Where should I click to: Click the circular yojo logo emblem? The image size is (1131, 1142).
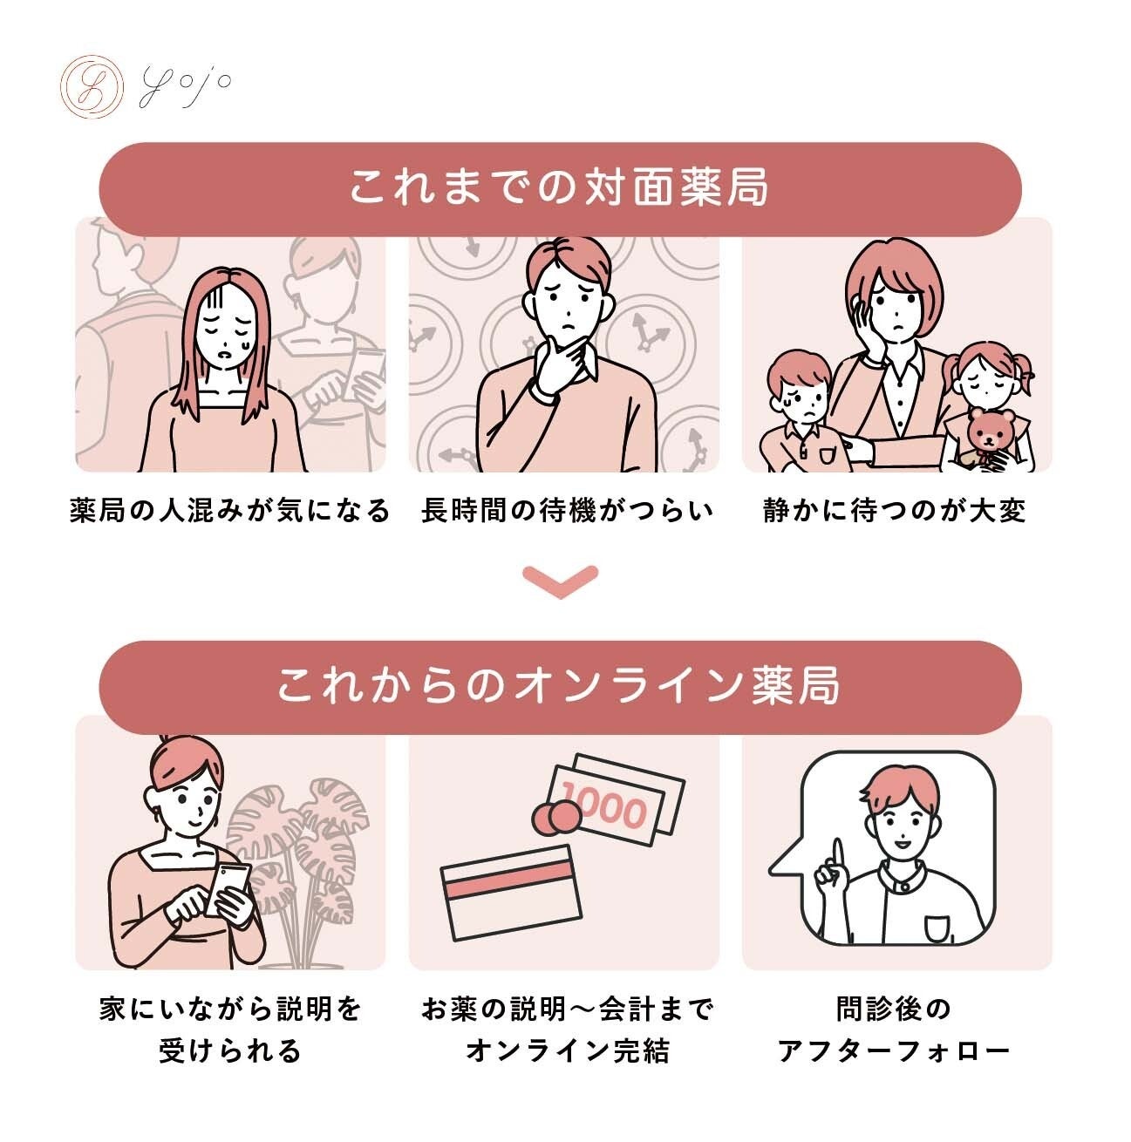click(x=92, y=86)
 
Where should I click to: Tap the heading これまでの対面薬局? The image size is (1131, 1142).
click(x=559, y=188)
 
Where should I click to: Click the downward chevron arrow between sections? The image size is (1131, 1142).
click(x=561, y=581)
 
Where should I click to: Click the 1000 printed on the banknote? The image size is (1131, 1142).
click(x=603, y=806)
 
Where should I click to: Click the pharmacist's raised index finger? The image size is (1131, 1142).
click(x=837, y=858)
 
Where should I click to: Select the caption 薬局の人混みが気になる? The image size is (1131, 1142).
click(x=229, y=511)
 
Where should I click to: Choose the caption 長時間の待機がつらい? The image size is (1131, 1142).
click(x=567, y=511)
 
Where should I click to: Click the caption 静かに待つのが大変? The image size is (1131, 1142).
click(x=895, y=511)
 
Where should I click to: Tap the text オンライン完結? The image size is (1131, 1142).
click(x=568, y=1051)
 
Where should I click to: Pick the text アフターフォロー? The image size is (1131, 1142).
click(x=894, y=1051)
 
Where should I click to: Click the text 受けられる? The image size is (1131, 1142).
click(x=230, y=1051)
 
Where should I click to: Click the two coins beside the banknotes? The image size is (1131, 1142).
click(x=555, y=817)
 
